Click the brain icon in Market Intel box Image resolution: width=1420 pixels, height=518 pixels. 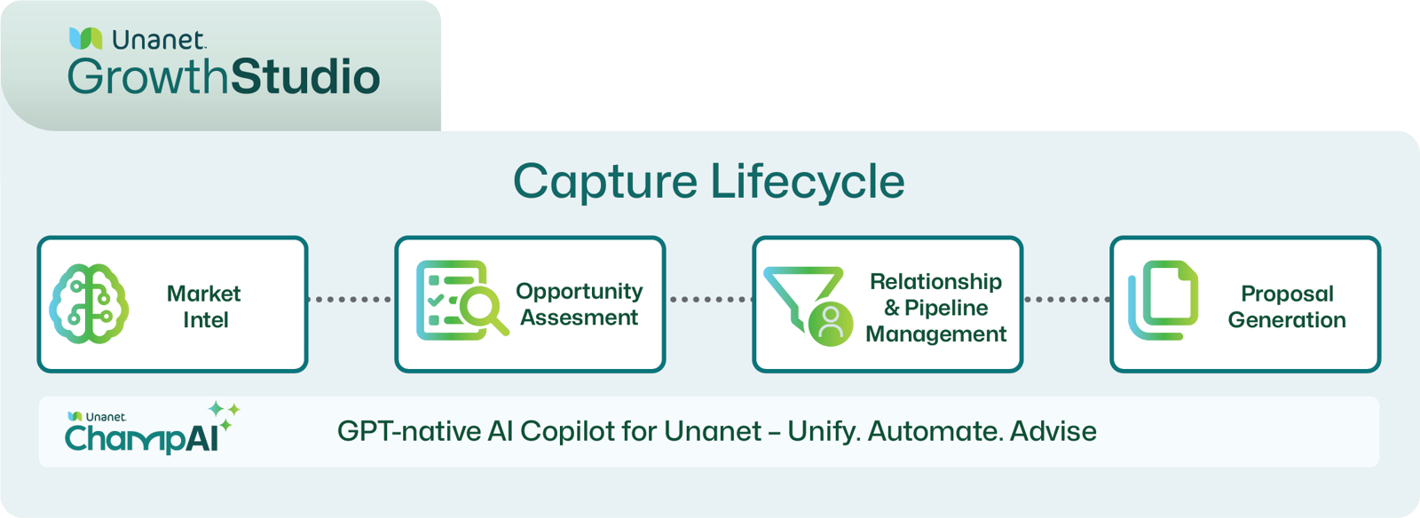[89, 304]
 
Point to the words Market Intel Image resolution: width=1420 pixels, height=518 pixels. [204, 306]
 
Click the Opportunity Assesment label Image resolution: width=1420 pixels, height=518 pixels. [579, 304]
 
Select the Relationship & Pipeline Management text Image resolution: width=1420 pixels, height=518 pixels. [935, 307]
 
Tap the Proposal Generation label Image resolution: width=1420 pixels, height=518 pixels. [1287, 306]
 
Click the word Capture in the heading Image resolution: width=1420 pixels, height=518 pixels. [605, 182]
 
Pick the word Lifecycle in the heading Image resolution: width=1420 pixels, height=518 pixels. [808, 182]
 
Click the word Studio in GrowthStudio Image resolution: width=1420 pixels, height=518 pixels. [306, 77]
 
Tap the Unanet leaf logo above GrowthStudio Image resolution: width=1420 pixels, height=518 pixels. [85, 38]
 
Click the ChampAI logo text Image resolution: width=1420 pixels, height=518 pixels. [140, 437]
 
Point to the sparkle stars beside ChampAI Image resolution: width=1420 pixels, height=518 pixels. [225, 413]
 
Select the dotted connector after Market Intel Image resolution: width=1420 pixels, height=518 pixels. [351, 300]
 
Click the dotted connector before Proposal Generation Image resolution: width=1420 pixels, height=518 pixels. [1066, 300]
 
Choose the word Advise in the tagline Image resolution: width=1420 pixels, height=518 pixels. [1053, 431]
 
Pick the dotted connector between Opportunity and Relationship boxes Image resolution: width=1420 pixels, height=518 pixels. [708, 300]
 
